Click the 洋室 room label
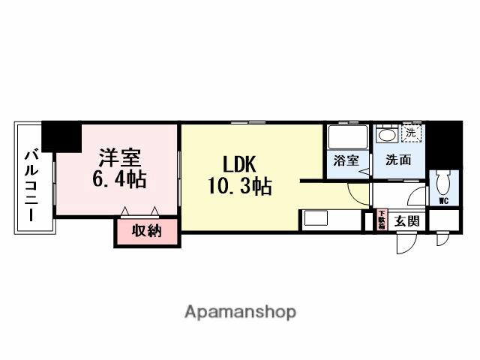click(119, 159)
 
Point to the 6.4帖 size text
click(119, 180)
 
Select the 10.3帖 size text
click(240, 185)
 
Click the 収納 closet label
click(148, 231)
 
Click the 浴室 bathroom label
click(346, 160)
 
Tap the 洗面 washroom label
click(398, 160)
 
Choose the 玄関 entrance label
click(408, 220)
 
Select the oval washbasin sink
click(387, 136)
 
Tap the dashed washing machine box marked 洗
click(411, 133)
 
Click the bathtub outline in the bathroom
click(347, 136)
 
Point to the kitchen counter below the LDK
click(329, 220)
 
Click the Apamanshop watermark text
click(240, 311)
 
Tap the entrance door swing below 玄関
click(406, 241)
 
